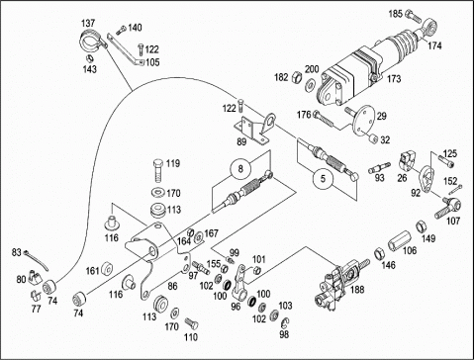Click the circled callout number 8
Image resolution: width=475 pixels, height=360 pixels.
pos(240,169)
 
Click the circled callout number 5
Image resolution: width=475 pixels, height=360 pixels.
pos(323,179)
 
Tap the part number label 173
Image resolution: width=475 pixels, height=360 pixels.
pos(394,79)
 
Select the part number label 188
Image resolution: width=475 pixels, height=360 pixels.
pos(357,290)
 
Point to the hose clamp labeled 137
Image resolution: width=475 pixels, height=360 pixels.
pos(93,42)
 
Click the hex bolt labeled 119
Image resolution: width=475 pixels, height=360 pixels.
pos(158,171)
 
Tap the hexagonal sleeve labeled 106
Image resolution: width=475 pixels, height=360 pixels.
pos(400,243)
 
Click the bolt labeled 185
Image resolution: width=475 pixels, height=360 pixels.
pos(413,15)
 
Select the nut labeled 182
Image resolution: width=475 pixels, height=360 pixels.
pos(296,77)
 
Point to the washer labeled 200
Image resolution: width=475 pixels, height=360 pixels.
pos(310,85)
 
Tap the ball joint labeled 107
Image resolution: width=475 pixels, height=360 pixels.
pos(448,207)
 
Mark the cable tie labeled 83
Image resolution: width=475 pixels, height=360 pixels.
pos(36,260)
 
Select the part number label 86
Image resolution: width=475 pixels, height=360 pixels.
pos(172,286)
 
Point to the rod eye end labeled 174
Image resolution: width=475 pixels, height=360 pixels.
pos(427,28)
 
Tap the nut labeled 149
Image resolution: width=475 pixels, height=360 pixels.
pos(422,226)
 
